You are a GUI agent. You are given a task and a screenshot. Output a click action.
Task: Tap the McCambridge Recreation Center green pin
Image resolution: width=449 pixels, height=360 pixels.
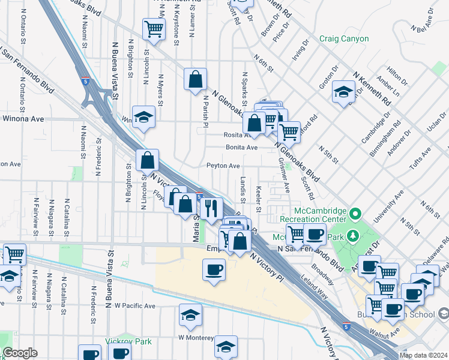click(356, 214)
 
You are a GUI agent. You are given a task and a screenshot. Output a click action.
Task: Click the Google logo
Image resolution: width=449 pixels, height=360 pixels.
click(20, 353)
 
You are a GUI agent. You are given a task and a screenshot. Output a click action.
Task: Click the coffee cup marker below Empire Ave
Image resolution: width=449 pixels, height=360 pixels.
click(214, 269)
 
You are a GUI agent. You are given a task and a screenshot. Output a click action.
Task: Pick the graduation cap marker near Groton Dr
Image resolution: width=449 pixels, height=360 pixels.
click(343, 92)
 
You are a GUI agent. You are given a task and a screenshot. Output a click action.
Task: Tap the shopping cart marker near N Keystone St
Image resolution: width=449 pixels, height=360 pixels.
click(154, 28)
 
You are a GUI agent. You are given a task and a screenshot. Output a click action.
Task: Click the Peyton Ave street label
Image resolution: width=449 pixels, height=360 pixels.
click(223, 166)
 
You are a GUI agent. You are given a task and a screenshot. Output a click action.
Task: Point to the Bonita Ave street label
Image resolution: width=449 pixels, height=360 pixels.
click(241, 147)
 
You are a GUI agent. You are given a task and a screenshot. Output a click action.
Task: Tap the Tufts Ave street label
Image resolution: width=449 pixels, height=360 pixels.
click(417, 161)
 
